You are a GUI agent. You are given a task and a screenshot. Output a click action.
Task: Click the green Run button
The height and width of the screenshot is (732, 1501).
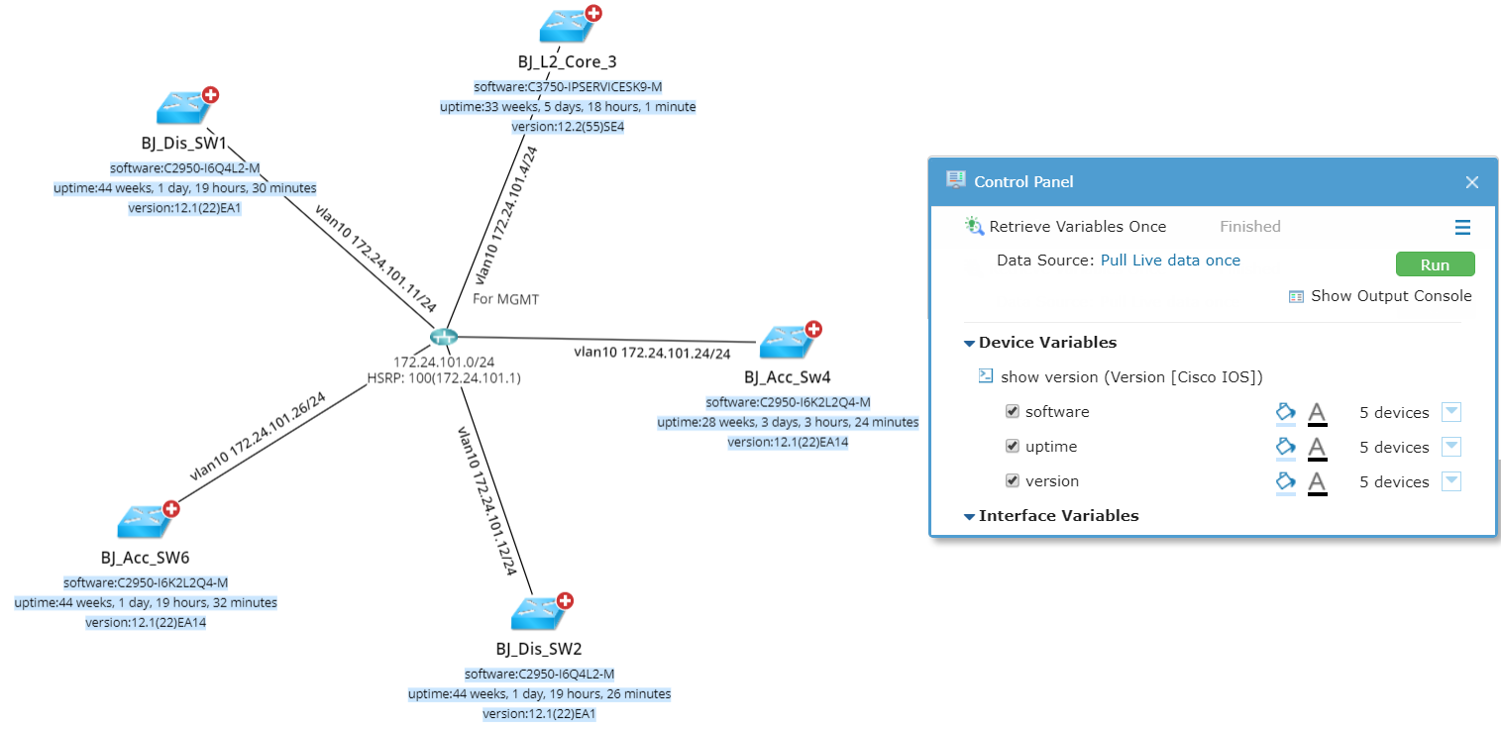coord(1435,264)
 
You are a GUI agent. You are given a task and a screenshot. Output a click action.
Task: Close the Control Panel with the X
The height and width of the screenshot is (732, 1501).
coord(1471,182)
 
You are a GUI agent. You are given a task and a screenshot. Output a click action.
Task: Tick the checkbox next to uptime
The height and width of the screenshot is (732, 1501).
coord(1012,447)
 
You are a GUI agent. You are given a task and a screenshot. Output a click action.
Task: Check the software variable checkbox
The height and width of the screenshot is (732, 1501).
coord(1012,412)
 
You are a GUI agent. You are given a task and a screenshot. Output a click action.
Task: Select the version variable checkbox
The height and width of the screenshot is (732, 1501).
coord(1012,481)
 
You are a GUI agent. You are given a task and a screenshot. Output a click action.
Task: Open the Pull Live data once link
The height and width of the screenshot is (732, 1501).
coord(1170,261)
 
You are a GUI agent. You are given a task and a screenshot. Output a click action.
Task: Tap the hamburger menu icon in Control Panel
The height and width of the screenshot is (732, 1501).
coord(1462,228)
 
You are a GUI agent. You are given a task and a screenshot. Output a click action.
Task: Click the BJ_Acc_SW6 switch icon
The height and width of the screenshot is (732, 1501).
coord(144,521)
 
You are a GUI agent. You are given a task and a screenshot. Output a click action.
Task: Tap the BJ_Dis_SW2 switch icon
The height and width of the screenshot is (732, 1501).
coord(539,614)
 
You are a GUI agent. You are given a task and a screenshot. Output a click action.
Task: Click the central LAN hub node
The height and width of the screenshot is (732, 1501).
coord(443,338)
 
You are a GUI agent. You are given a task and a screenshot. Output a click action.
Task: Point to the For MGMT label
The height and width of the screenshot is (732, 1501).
coord(505,298)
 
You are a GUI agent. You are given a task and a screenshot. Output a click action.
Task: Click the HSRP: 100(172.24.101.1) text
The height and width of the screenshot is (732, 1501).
coord(444,378)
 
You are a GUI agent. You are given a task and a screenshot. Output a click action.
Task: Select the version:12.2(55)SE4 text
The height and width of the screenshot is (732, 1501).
coord(568,127)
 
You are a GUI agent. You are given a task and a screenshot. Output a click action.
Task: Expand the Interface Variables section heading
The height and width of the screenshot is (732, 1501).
coord(1057,516)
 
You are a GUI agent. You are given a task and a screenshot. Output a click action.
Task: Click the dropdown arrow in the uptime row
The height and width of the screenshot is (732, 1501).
coord(1450,447)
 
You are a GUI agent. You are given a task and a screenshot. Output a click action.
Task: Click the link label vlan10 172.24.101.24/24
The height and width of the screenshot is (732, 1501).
coord(652,353)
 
